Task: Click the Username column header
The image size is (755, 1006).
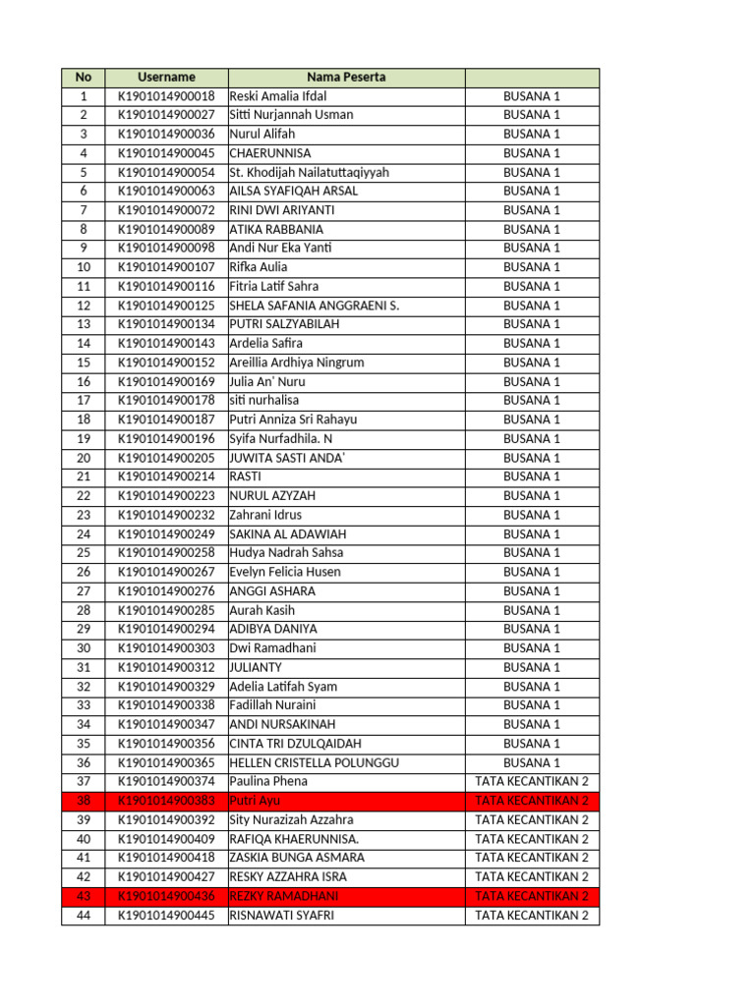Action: pos(166,77)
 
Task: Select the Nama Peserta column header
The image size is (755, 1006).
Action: pos(346,77)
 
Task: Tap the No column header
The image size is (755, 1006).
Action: pos(84,77)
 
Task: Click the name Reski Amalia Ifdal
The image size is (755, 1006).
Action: pos(278,96)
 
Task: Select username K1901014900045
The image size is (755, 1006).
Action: pos(166,153)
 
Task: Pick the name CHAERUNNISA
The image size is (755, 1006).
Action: pos(270,153)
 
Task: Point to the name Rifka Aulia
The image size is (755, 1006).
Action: pos(259,267)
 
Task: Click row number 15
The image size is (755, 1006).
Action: pos(84,363)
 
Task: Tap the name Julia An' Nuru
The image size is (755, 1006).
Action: pos(267,382)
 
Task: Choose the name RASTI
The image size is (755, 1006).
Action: pos(245,476)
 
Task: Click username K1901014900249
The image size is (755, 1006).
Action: pos(166,534)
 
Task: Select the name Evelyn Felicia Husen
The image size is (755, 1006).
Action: pos(285,572)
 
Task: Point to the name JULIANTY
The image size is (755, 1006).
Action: pos(256,668)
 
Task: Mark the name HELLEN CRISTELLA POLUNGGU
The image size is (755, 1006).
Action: pos(314,763)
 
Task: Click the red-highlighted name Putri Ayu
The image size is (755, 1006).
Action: pos(255,802)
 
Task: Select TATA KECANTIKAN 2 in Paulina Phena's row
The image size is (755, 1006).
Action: pos(532,782)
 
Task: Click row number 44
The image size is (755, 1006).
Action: pos(84,916)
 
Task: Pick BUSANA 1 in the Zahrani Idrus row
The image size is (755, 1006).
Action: pos(532,515)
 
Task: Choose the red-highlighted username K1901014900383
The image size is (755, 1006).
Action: pos(166,802)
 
